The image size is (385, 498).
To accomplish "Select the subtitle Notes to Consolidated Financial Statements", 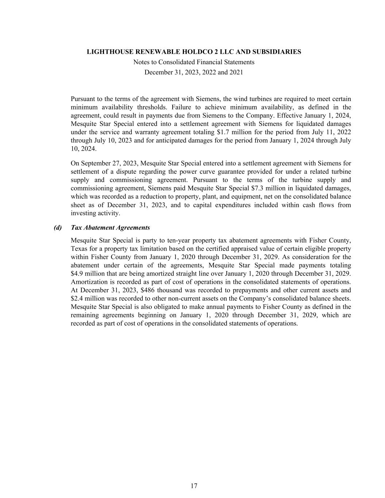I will coord(194,62).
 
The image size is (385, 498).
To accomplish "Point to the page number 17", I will coord(194,486).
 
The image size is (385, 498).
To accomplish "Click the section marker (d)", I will coord(58,228).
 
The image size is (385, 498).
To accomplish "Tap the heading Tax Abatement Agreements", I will coord(110,228).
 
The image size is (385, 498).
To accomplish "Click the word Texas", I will coord(79,249).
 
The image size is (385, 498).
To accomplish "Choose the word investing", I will coord(83,213).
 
